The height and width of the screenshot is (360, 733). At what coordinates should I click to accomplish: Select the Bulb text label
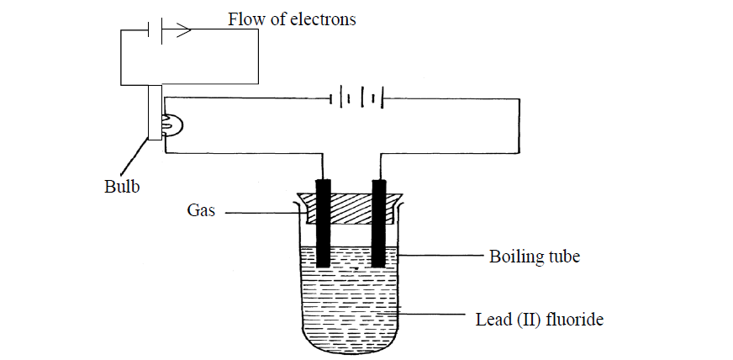pos(120,186)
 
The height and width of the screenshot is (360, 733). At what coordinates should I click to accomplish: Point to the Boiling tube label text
pos(534,256)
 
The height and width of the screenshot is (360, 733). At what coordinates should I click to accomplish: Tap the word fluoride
pos(576,319)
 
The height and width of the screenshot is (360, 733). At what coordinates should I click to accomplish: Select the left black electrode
pos(322,223)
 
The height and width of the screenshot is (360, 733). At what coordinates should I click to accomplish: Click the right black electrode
pos(379,223)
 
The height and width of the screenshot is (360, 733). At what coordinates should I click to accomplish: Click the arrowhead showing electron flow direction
pos(184,30)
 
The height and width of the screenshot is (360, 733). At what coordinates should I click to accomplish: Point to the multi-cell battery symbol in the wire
pos(356,99)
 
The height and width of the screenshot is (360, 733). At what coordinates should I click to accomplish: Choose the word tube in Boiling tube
pos(562,256)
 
